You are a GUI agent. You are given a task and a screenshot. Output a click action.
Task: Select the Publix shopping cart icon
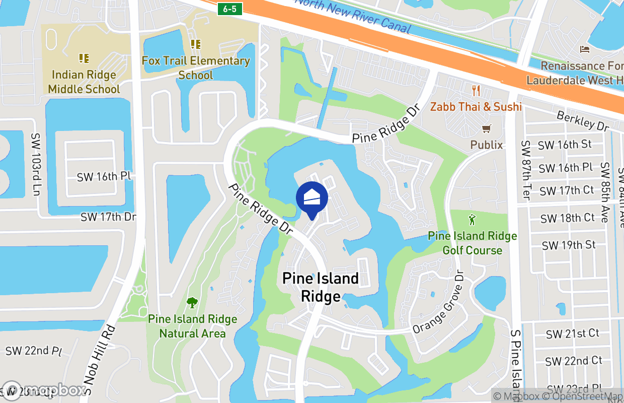click(486, 129)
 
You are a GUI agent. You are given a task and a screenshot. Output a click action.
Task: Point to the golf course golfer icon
click(472, 220)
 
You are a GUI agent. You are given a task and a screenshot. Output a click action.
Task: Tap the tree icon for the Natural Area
click(192, 303)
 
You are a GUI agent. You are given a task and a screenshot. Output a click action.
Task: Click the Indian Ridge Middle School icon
click(84, 58)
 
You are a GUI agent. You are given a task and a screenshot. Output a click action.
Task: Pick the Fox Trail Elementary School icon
click(196, 44)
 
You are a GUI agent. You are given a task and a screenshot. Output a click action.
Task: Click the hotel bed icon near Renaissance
click(585, 49)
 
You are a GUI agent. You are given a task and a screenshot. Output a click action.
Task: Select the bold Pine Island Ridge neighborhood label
click(321, 287)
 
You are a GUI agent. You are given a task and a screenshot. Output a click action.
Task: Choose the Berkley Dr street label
click(583, 121)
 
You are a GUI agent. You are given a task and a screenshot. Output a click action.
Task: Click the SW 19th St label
click(569, 245)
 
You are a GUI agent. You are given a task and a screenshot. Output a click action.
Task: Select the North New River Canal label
click(352, 15)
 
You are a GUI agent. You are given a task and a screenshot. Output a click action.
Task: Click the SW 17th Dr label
click(109, 217)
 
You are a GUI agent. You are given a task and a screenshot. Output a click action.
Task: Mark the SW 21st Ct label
click(573, 333)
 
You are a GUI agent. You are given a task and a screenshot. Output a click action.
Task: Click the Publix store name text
click(487, 145)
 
